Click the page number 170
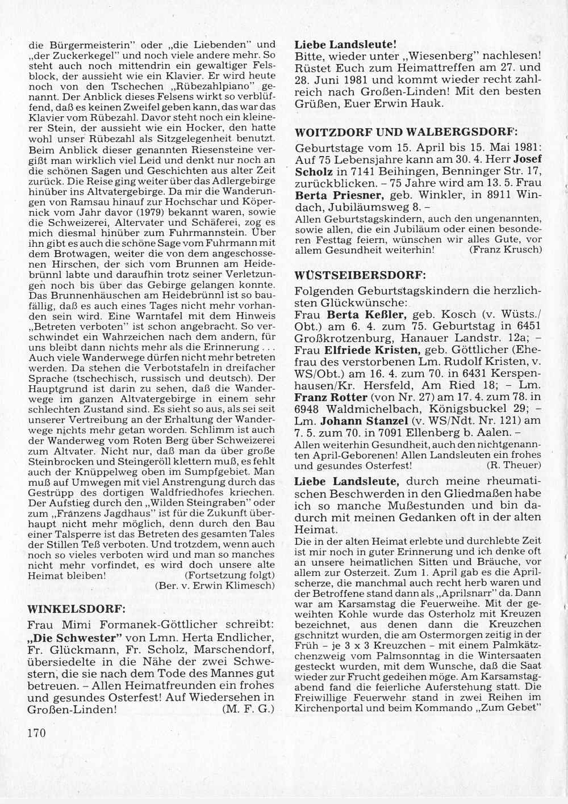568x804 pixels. pos(36,733)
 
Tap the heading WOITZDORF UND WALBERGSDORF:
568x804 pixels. pos(407,132)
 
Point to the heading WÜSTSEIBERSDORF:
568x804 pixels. pos(360,275)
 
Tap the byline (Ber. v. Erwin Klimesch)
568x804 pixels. pos(215,586)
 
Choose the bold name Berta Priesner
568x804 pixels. pos(339,193)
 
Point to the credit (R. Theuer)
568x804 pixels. pos(514,465)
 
